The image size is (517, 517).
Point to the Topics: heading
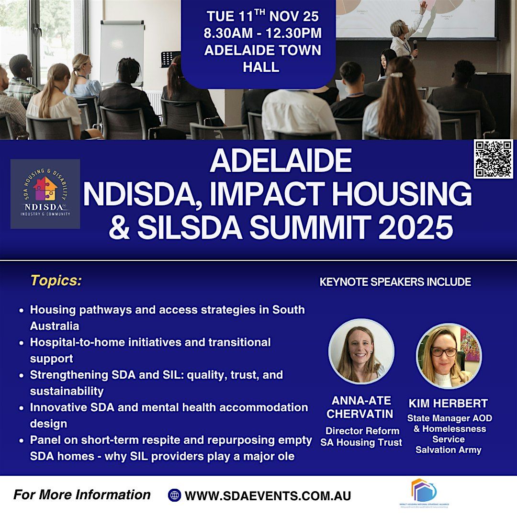56,281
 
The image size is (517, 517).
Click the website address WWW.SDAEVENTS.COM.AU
268,496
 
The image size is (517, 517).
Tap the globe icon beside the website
174,495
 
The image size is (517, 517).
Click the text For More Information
82,495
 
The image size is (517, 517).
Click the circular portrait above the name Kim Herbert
449,356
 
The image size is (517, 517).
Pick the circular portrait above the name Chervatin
361,352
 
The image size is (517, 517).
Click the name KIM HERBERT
449,403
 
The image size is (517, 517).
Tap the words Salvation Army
449,450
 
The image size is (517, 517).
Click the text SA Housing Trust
361,442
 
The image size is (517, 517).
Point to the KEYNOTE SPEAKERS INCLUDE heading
395,282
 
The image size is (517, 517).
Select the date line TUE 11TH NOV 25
263,16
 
